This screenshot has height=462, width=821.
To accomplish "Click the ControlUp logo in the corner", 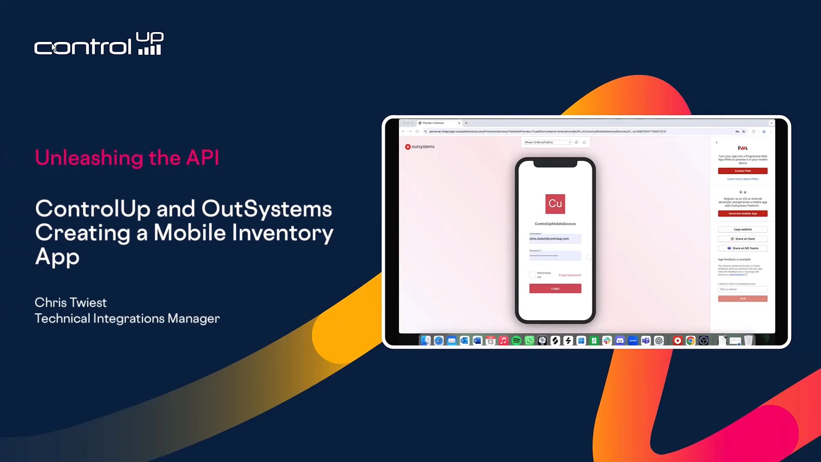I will [99, 44].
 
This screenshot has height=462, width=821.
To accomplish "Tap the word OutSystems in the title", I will [266, 209].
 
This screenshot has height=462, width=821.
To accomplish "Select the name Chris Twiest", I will [71, 302].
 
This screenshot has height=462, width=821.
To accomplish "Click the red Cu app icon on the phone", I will [555, 204].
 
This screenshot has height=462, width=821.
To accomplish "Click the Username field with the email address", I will [555, 239].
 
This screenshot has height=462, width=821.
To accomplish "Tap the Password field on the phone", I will [555, 256].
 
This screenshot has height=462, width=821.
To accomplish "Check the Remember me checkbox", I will [532, 275].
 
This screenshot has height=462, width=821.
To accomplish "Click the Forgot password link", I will [570, 275].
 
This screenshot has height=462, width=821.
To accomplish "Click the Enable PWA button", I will [742, 171].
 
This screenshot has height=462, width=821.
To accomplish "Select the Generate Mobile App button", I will [742, 213].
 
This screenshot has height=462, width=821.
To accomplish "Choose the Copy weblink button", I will [742, 229].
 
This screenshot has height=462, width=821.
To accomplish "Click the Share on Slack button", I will [742, 239].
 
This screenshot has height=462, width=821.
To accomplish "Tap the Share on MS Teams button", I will [742, 248].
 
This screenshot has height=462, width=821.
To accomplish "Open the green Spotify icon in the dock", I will [516, 341].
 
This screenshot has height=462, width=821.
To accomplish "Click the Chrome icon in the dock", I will [690, 341].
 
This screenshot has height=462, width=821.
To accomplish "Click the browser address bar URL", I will [547, 131].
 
